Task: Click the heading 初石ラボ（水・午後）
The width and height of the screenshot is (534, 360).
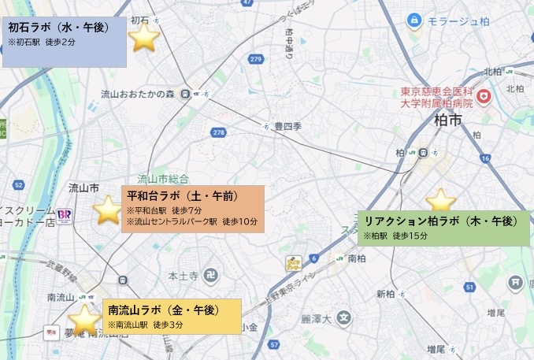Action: [58, 28]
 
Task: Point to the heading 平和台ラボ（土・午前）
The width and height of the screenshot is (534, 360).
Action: [182, 195]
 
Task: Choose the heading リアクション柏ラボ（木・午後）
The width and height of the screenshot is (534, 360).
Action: [438, 221]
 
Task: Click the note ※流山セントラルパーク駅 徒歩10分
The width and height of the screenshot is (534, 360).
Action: [191, 222]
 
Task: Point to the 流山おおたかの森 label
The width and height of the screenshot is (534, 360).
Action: [137, 95]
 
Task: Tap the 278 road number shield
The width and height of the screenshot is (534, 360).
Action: [219, 132]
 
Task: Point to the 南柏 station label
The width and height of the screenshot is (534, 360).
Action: [357, 258]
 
